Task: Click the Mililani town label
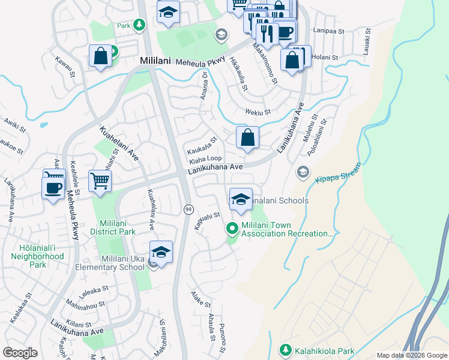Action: pyautogui.click(x=156, y=61)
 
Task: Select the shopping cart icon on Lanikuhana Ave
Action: pyautogui.click(x=100, y=180)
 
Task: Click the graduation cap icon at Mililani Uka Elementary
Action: pyautogui.click(x=161, y=253)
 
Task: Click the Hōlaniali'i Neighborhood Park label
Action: pyautogui.click(x=37, y=256)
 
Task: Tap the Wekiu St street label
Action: pyautogui.click(x=258, y=112)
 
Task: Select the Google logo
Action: pyautogui.click(x=20, y=352)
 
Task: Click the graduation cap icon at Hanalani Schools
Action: pyautogui.click(x=241, y=200)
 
